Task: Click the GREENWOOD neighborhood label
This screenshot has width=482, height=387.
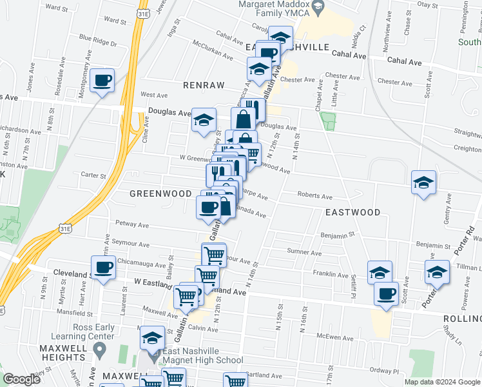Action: click(160, 193)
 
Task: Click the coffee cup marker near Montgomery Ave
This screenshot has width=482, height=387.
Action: click(102, 81)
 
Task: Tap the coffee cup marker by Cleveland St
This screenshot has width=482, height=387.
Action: click(103, 268)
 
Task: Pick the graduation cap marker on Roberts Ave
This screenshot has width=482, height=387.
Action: click(424, 183)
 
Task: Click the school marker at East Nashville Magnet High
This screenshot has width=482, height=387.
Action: click(153, 339)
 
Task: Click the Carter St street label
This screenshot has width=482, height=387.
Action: click(93, 175)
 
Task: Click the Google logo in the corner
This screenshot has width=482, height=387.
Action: click(21, 379)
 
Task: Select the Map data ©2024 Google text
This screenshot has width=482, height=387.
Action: click(442, 382)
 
